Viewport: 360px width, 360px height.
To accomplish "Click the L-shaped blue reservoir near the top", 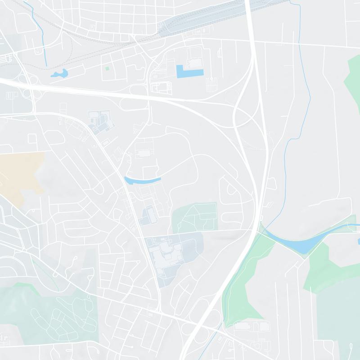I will click(x=189, y=72).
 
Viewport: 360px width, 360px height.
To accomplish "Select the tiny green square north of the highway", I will click(x=107, y=68).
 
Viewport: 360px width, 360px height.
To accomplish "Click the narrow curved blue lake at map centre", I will click(x=142, y=181).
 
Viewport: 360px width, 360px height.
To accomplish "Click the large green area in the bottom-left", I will click(x=49, y=310).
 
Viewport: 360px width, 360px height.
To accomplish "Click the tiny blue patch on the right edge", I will click(x=359, y=242).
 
